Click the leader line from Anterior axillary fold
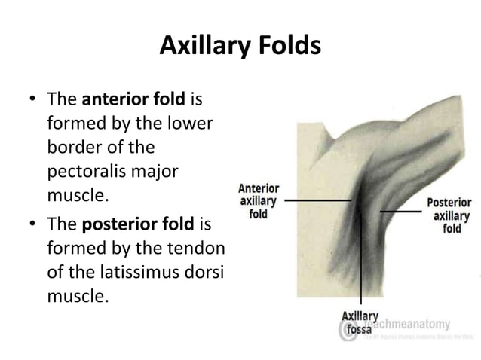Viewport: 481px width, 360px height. pos(317,201)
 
